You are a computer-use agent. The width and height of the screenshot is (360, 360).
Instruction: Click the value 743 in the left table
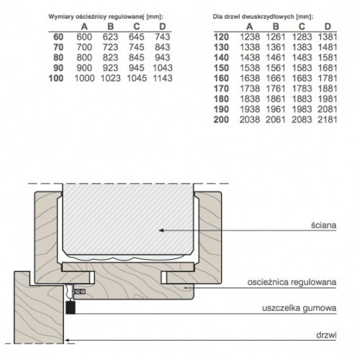click(163, 37)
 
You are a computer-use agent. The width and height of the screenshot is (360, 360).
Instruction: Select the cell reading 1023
click(110, 78)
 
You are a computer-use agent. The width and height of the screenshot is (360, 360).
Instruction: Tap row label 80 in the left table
click(58, 58)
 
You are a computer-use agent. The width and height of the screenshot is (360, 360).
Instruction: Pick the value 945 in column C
click(136, 68)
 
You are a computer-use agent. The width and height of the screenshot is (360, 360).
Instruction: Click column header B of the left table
click(110, 27)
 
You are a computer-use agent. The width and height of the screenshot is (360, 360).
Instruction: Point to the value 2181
click(328, 120)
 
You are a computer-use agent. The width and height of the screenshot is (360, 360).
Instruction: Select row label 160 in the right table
click(221, 78)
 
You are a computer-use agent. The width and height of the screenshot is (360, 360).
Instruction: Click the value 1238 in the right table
click(250, 37)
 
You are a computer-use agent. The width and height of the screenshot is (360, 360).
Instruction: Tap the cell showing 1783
click(302, 89)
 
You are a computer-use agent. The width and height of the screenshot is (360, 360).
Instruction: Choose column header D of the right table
click(328, 27)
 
